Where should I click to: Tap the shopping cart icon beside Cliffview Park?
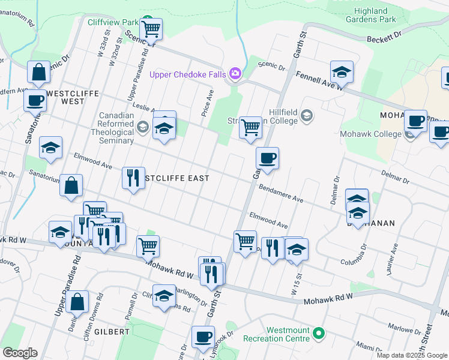pos(151,28)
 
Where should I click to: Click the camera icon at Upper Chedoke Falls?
pos(235,73)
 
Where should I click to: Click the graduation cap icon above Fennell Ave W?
pos(342,72)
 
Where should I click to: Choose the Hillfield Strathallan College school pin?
pos(307,115)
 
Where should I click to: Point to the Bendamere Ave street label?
pos(281,193)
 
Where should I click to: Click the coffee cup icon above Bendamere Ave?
pos(267,158)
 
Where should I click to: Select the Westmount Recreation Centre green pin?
pos(319,332)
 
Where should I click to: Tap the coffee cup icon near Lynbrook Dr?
pos(203,337)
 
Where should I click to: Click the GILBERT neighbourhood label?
pos(112,331)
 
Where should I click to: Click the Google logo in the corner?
pos(20,353)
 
